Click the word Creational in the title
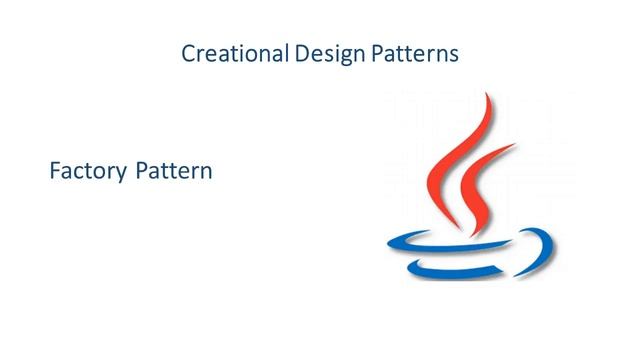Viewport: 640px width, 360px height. [x=236, y=53]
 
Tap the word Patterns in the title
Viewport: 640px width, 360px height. [x=414, y=53]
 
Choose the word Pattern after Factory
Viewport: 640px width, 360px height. [x=173, y=171]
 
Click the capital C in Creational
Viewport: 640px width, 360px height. [x=188, y=53]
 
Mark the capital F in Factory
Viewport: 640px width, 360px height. [x=54, y=171]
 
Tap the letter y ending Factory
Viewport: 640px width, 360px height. [x=121, y=175]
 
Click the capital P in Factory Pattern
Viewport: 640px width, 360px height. [x=140, y=171]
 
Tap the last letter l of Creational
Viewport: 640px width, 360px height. [x=288, y=52]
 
